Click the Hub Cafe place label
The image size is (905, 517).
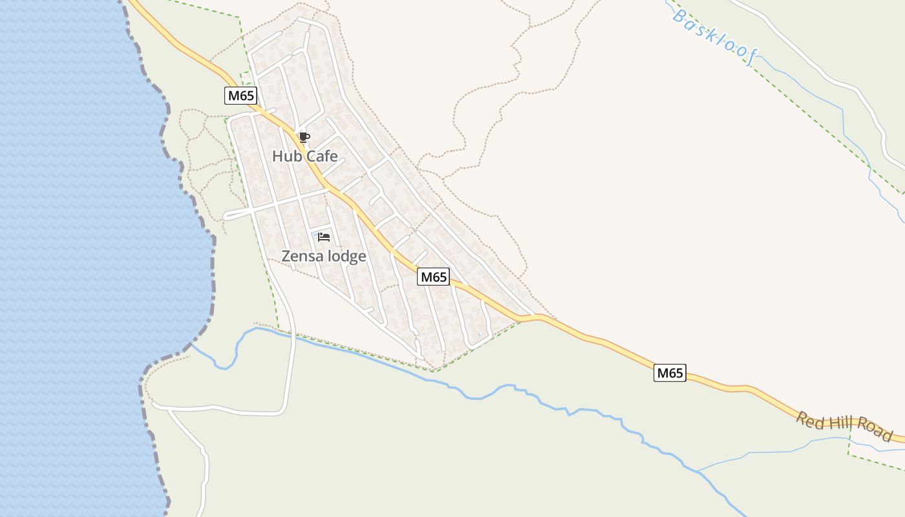(304, 156)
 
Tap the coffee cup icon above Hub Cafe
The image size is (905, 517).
(304, 137)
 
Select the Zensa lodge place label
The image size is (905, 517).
(323, 257)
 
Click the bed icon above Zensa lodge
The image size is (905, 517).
(324, 237)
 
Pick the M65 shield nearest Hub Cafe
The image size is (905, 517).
(241, 96)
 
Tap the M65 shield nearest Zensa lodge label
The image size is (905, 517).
(433, 277)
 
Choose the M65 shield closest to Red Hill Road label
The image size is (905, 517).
(670, 373)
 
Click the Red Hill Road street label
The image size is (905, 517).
(844, 427)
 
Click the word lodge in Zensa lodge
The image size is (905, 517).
(346, 257)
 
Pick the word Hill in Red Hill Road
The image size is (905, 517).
(842, 427)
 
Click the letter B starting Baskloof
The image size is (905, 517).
(679, 16)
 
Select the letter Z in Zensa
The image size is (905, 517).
(286, 257)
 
